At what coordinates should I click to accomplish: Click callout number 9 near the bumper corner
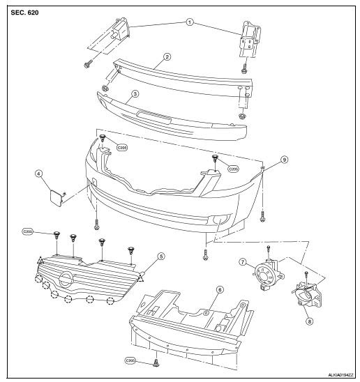click(285, 160)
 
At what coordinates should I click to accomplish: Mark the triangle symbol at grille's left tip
click(40, 260)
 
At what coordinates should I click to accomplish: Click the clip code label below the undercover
click(130, 360)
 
